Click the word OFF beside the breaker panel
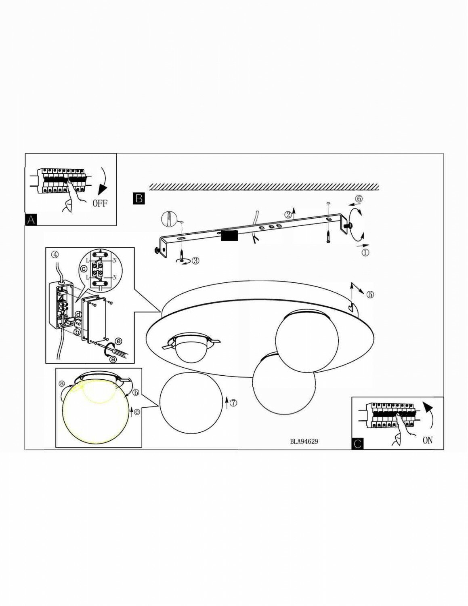pyautogui.click(x=100, y=203)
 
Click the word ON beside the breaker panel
pyautogui.click(x=427, y=440)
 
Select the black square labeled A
pyautogui.click(x=31, y=220)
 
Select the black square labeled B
pyautogui.click(x=139, y=198)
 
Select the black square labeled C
pyautogui.click(x=357, y=444)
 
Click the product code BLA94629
pyautogui.click(x=304, y=442)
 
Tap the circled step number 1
pyautogui.click(x=365, y=253)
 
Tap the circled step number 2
pyautogui.click(x=288, y=215)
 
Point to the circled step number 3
pyautogui.click(x=195, y=261)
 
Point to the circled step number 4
pyautogui.click(x=55, y=255)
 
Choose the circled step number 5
pyautogui.click(x=370, y=295)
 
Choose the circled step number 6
pyautogui.click(x=358, y=199)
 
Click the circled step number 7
pyautogui.click(x=233, y=402)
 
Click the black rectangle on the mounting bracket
pyautogui.click(x=229, y=236)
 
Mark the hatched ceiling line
pyautogui.click(x=264, y=187)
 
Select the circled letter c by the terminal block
pyautogui.click(x=84, y=268)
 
